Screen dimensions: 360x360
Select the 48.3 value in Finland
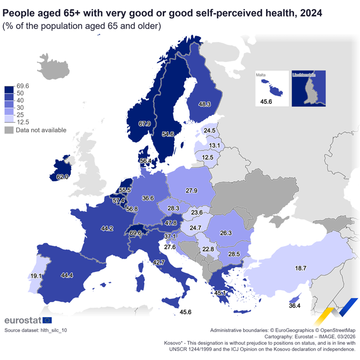205,104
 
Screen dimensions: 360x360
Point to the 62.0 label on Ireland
63,177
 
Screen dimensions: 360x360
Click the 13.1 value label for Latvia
214,145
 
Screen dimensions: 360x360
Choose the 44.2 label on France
107,229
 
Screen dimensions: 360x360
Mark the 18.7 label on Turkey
301,268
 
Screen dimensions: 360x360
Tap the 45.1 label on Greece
220,293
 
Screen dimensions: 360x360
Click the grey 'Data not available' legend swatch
9,130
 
